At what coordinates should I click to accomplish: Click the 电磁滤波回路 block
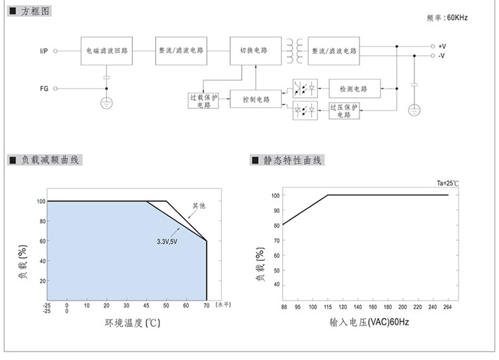(x=106, y=51)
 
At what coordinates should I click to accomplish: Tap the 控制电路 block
(x=255, y=99)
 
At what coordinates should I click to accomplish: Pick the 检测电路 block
(x=353, y=88)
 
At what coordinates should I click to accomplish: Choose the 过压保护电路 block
(x=344, y=110)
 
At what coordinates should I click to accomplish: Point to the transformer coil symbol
(x=295, y=51)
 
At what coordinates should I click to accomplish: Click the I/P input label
(x=43, y=51)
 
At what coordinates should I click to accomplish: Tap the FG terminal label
(x=44, y=88)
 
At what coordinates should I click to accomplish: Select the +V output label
(x=442, y=46)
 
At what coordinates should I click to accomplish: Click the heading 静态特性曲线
(x=292, y=160)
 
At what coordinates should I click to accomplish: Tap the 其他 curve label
(x=199, y=206)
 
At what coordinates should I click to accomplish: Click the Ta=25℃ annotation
(x=447, y=183)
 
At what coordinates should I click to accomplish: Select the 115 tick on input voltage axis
(x=328, y=307)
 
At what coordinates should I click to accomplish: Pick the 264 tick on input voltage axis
(x=448, y=307)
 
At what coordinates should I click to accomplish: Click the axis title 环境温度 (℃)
(x=132, y=323)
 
